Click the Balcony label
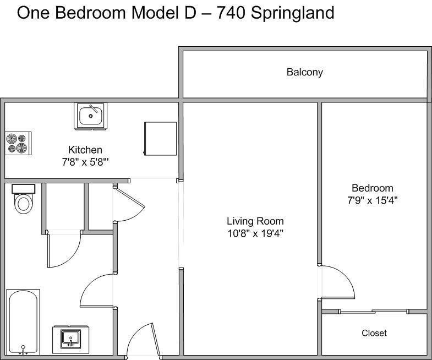304,72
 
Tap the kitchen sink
90,116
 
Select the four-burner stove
18,143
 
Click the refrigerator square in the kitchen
160,139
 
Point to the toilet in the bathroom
23,199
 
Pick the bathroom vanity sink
71,340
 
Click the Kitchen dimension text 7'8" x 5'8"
85,162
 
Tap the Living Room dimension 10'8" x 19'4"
255,234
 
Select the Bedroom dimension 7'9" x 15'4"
373,200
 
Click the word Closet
374,333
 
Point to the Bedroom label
373,188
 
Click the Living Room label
255,221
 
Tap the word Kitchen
85,150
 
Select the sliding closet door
373,312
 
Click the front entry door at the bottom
143,340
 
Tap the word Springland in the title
293,13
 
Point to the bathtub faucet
23,350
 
